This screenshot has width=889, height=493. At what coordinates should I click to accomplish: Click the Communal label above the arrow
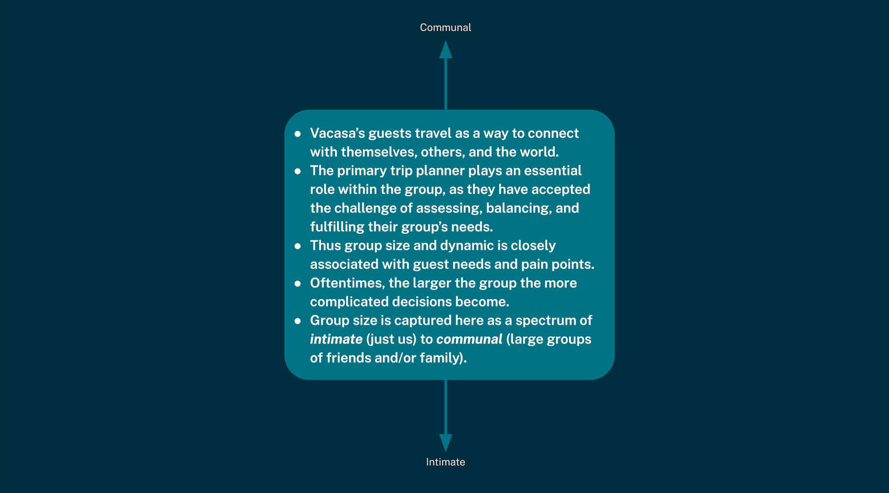[445, 27]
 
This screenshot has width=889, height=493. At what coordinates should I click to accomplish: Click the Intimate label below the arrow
[445, 462]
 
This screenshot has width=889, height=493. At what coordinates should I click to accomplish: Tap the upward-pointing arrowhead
[446, 50]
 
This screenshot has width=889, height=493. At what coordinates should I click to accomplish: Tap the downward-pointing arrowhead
[446, 442]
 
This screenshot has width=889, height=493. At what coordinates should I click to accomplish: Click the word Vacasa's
[337, 133]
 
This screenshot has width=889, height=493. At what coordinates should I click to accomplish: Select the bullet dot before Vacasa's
[298, 134]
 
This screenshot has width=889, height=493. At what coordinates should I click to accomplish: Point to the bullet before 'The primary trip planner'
[298, 171]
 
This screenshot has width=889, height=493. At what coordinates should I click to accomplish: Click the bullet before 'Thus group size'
[298, 246]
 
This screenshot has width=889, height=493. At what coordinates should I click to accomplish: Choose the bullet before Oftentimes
[298, 284]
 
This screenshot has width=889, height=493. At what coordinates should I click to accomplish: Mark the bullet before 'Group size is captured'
[298, 321]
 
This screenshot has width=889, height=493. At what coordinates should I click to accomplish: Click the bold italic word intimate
[336, 339]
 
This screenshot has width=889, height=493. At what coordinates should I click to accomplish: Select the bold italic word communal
[469, 339]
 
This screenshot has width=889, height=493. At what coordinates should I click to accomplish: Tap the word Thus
[325, 246]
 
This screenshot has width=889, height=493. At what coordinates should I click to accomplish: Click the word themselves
[378, 152]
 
